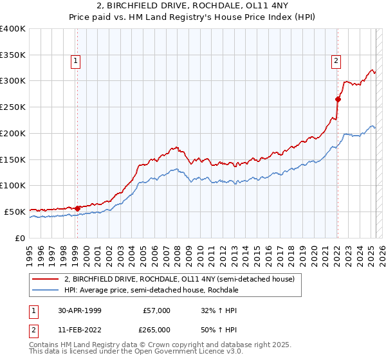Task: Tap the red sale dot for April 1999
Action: (x=77, y=208)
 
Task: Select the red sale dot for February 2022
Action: (x=337, y=99)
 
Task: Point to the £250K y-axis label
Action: (x=13, y=107)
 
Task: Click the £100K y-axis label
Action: (x=13, y=185)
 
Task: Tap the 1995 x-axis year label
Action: (x=29, y=251)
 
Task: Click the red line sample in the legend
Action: (x=45, y=279)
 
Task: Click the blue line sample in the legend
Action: (x=45, y=291)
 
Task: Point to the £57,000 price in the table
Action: (x=157, y=310)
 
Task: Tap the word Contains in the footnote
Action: (x=44, y=345)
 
